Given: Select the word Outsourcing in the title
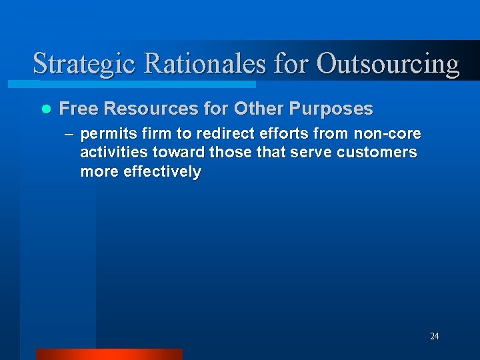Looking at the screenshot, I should click(x=388, y=65).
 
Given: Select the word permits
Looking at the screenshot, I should click(x=105, y=134).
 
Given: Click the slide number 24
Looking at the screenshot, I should click(x=434, y=336).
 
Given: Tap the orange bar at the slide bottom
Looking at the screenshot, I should click(x=109, y=354).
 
